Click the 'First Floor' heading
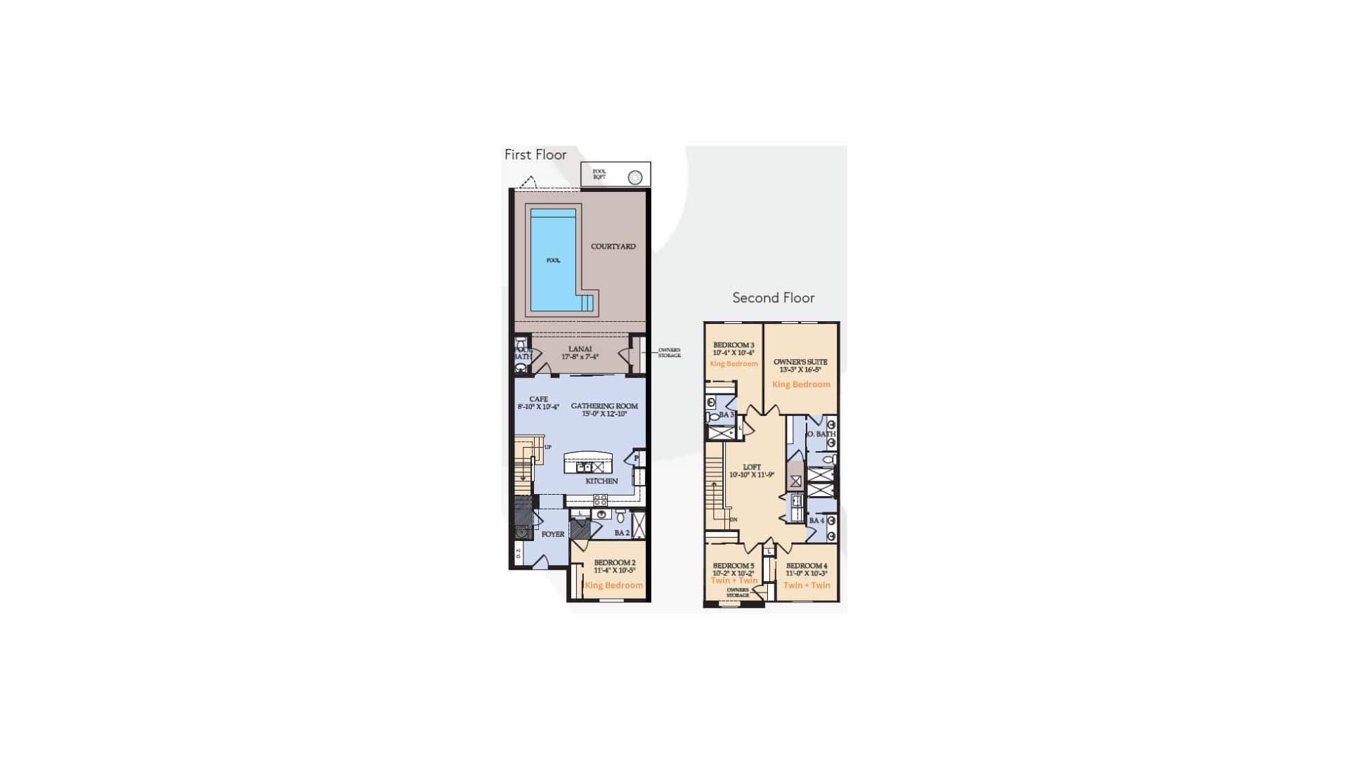[x=535, y=155]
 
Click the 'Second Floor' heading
[x=773, y=297]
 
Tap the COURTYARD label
[x=613, y=247]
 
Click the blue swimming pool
[x=553, y=260]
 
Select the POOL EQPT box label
[x=599, y=174]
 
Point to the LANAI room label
[x=580, y=349]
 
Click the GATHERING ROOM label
[x=604, y=406]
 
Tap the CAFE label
[x=538, y=399]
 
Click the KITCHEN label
[x=601, y=481]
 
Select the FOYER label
[x=553, y=534]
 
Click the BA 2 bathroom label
[x=622, y=533]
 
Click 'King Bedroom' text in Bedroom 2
[x=613, y=585]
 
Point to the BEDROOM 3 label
[x=734, y=345]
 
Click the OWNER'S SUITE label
[x=800, y=362]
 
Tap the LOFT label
[x=752, y=467]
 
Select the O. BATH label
[x=821, y=434]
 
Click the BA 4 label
[x=816, y=521]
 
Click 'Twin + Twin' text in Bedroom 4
[x=807, y=585]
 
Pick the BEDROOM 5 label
[x=734, y=566]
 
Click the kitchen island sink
[x=584, y=467]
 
